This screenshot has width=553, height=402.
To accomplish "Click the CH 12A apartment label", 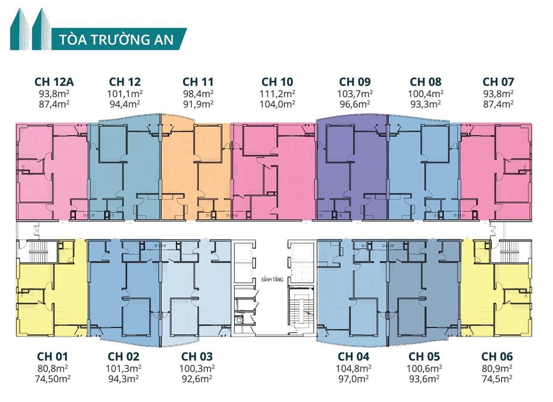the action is click(x=54, y=82).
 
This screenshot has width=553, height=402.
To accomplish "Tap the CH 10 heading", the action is click(x=277, y=82).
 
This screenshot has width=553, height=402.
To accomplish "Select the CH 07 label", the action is click(x=498, y=82).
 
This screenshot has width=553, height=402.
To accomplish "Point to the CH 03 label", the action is click(x=197, y=357).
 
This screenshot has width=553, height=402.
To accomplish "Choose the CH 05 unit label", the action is click(x=424, y=357).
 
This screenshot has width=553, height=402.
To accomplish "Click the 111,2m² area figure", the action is click(x=277, y=94).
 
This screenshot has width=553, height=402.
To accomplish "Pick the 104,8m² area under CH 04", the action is click(x=353, y=369).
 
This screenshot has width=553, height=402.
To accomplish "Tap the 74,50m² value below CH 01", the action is click(x=53, y=379).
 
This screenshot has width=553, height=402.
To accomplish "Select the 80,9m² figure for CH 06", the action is click(x=497, y=369).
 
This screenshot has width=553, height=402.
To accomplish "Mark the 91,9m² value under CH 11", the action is click(x=198, y=104).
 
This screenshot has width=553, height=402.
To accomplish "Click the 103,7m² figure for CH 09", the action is click(x=355, y=94).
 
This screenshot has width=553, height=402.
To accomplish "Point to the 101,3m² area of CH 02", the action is click(x=123, y=369).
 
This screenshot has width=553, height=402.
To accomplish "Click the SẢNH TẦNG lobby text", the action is click(x=272, y=280).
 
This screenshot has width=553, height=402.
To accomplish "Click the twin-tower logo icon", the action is click(x=31, y=29).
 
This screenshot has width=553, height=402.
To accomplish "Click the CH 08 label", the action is click(x=426, y=82).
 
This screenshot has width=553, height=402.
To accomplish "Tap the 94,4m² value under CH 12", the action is click(x=125, y=104).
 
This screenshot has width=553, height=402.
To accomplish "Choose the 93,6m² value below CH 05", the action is click(x=424, y=379).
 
